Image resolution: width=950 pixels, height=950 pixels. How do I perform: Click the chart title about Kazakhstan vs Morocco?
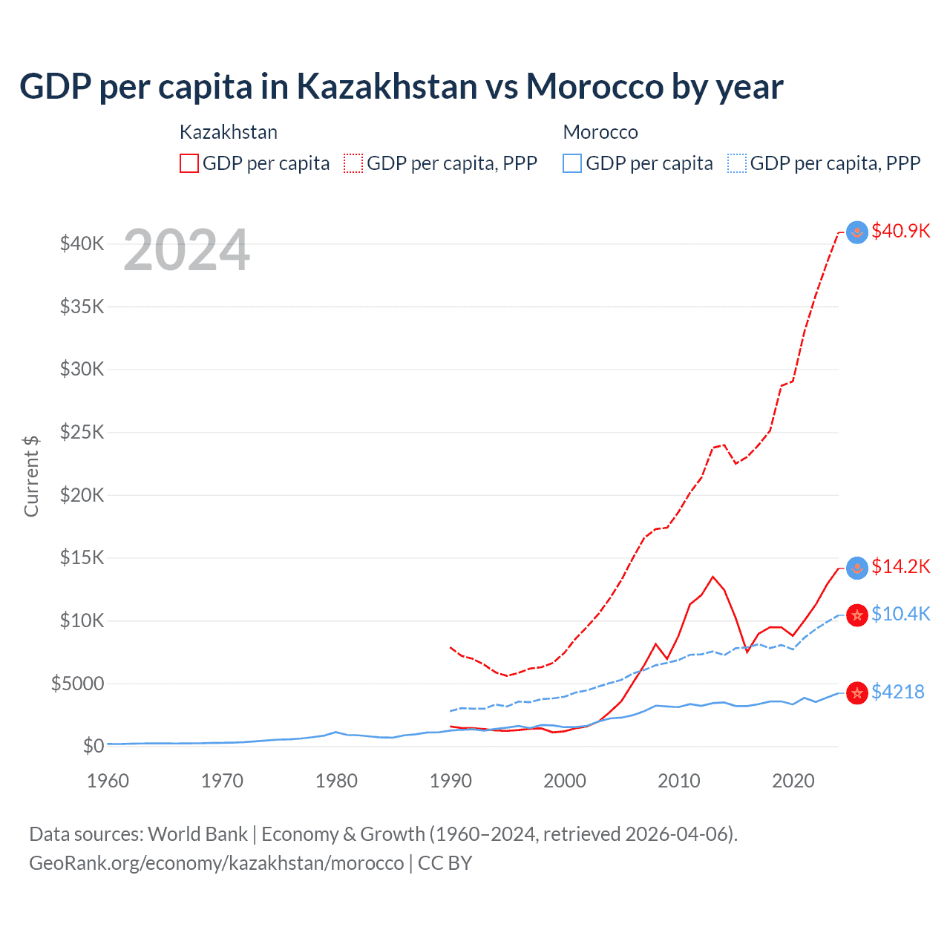[401, 87]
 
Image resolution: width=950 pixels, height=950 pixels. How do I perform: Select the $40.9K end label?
[900, 231]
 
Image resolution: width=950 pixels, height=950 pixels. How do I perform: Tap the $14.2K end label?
[900, 566]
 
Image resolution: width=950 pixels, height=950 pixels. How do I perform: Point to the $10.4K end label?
[900, 614]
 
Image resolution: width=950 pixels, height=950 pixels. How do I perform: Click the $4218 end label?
[897, 692]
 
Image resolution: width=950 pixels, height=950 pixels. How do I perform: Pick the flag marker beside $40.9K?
[857, 232]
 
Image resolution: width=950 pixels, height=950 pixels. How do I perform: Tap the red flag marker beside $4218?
[857, 693]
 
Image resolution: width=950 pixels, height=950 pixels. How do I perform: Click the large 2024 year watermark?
[186, 250]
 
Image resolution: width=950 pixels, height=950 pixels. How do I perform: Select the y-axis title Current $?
[31, 476]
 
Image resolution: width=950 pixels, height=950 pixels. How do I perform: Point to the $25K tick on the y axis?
[82, 432]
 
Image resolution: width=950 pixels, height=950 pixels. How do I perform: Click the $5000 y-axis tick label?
[77, 684]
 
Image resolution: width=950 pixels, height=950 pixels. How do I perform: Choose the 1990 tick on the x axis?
[451, 781]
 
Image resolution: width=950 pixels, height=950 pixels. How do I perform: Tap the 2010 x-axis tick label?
[679, 781]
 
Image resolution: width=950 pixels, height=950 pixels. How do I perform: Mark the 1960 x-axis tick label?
[108, 781]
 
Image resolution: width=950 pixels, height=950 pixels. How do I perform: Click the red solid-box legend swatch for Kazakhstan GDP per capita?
[189, 163]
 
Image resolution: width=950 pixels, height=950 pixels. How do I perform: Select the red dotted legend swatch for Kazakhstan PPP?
[353, 163]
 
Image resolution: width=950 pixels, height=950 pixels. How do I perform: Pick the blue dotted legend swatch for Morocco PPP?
[737, 163]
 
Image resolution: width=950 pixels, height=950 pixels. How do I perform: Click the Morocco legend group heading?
[600, 132]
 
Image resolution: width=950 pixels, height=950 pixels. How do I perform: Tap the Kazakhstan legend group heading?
[229, 132]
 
